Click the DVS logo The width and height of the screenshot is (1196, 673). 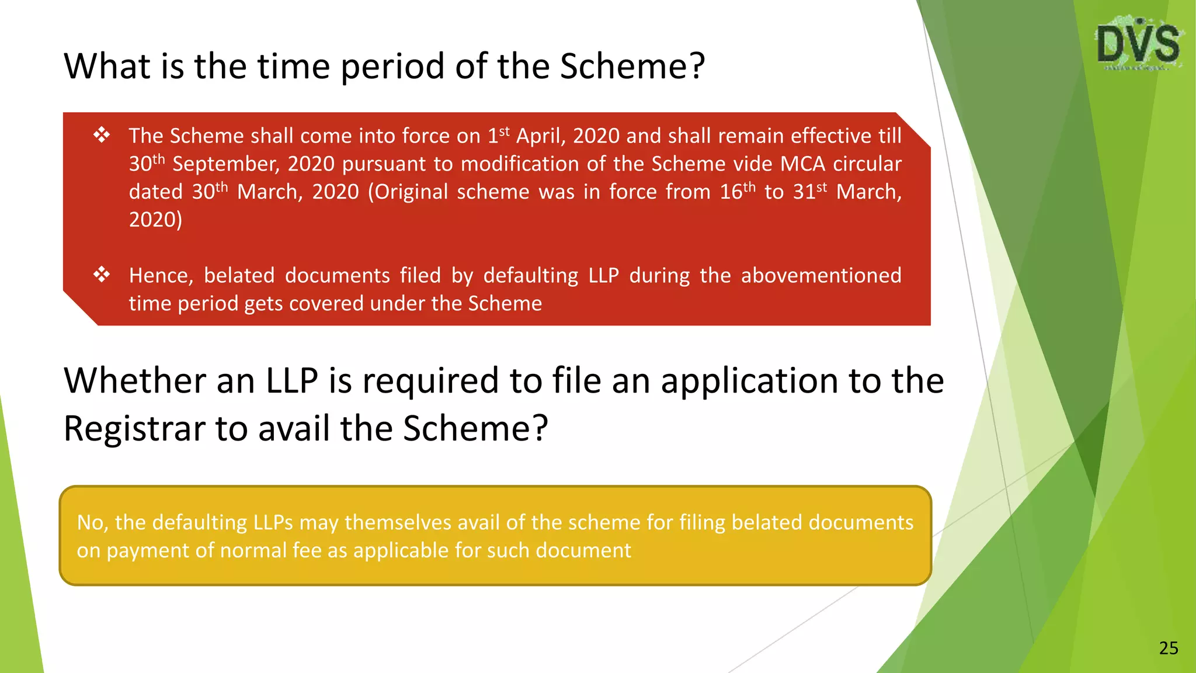[1139, 44]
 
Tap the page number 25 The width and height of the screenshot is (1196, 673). [1169, 648]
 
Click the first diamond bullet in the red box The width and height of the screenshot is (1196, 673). [102, 136]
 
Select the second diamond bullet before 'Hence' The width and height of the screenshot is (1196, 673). [102, 275]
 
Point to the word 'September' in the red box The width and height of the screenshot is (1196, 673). [227, 164]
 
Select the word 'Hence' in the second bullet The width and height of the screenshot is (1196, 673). [161, 276]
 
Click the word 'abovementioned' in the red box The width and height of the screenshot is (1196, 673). [821, 275]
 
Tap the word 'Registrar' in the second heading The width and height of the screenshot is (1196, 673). [135, 428]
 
